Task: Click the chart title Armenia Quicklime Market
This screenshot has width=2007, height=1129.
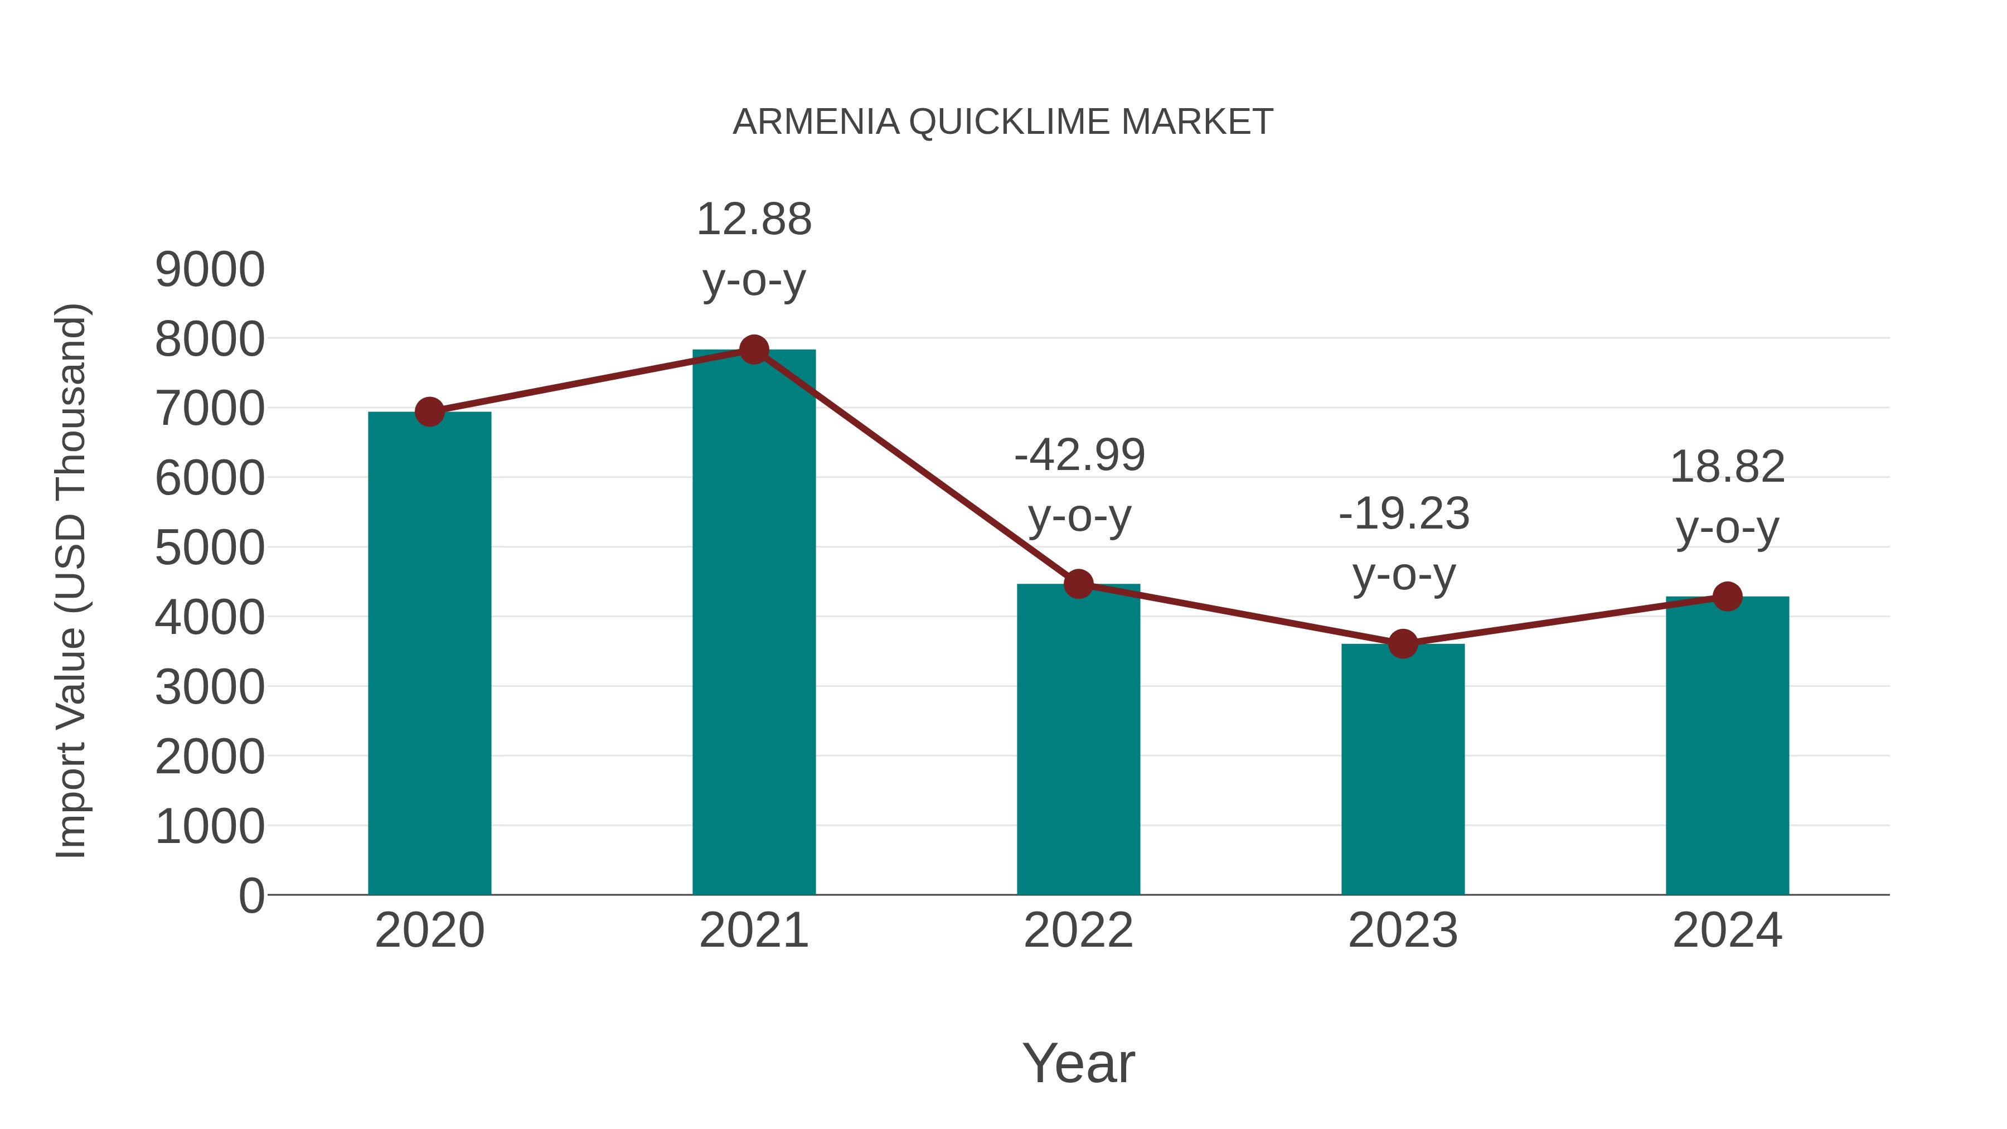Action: coord(1003,122)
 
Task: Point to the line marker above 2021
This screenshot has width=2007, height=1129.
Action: coord(753,350)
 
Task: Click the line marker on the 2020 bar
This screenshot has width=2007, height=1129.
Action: coord(429,411)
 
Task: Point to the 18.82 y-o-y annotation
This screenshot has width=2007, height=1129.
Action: coord(1727,497)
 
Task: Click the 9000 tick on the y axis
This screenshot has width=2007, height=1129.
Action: coord(210,270)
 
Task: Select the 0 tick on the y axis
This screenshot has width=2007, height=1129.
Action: coord(251,895)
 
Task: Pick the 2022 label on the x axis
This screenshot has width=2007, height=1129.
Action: coord(1078,931)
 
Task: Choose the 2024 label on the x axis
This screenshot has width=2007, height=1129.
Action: coord(1727,931)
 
